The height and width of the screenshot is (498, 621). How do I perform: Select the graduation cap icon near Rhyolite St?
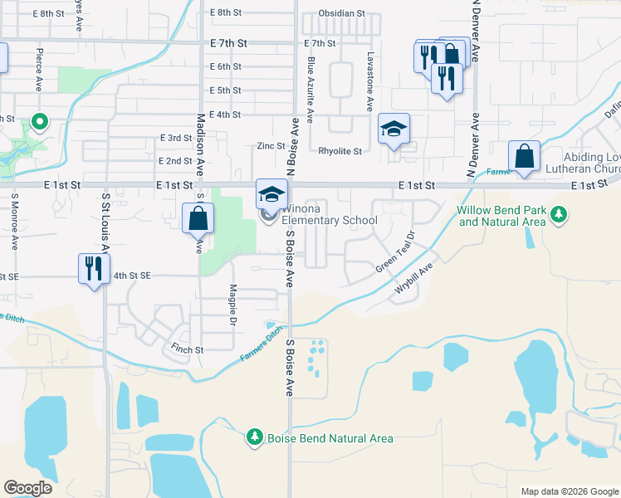pos(394,129)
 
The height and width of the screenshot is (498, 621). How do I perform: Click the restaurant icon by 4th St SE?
pos(93,269)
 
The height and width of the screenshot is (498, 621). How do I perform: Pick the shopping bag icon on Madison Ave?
pos(198,219)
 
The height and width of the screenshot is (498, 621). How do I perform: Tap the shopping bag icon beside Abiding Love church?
pos(525,156)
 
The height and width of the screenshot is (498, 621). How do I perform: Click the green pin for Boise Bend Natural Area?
pos(255,436)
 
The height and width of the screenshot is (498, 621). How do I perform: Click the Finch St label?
pos(188,350)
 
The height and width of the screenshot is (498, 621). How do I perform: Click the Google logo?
pos(27,488)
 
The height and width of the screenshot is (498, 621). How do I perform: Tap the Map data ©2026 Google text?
pos(569,491)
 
